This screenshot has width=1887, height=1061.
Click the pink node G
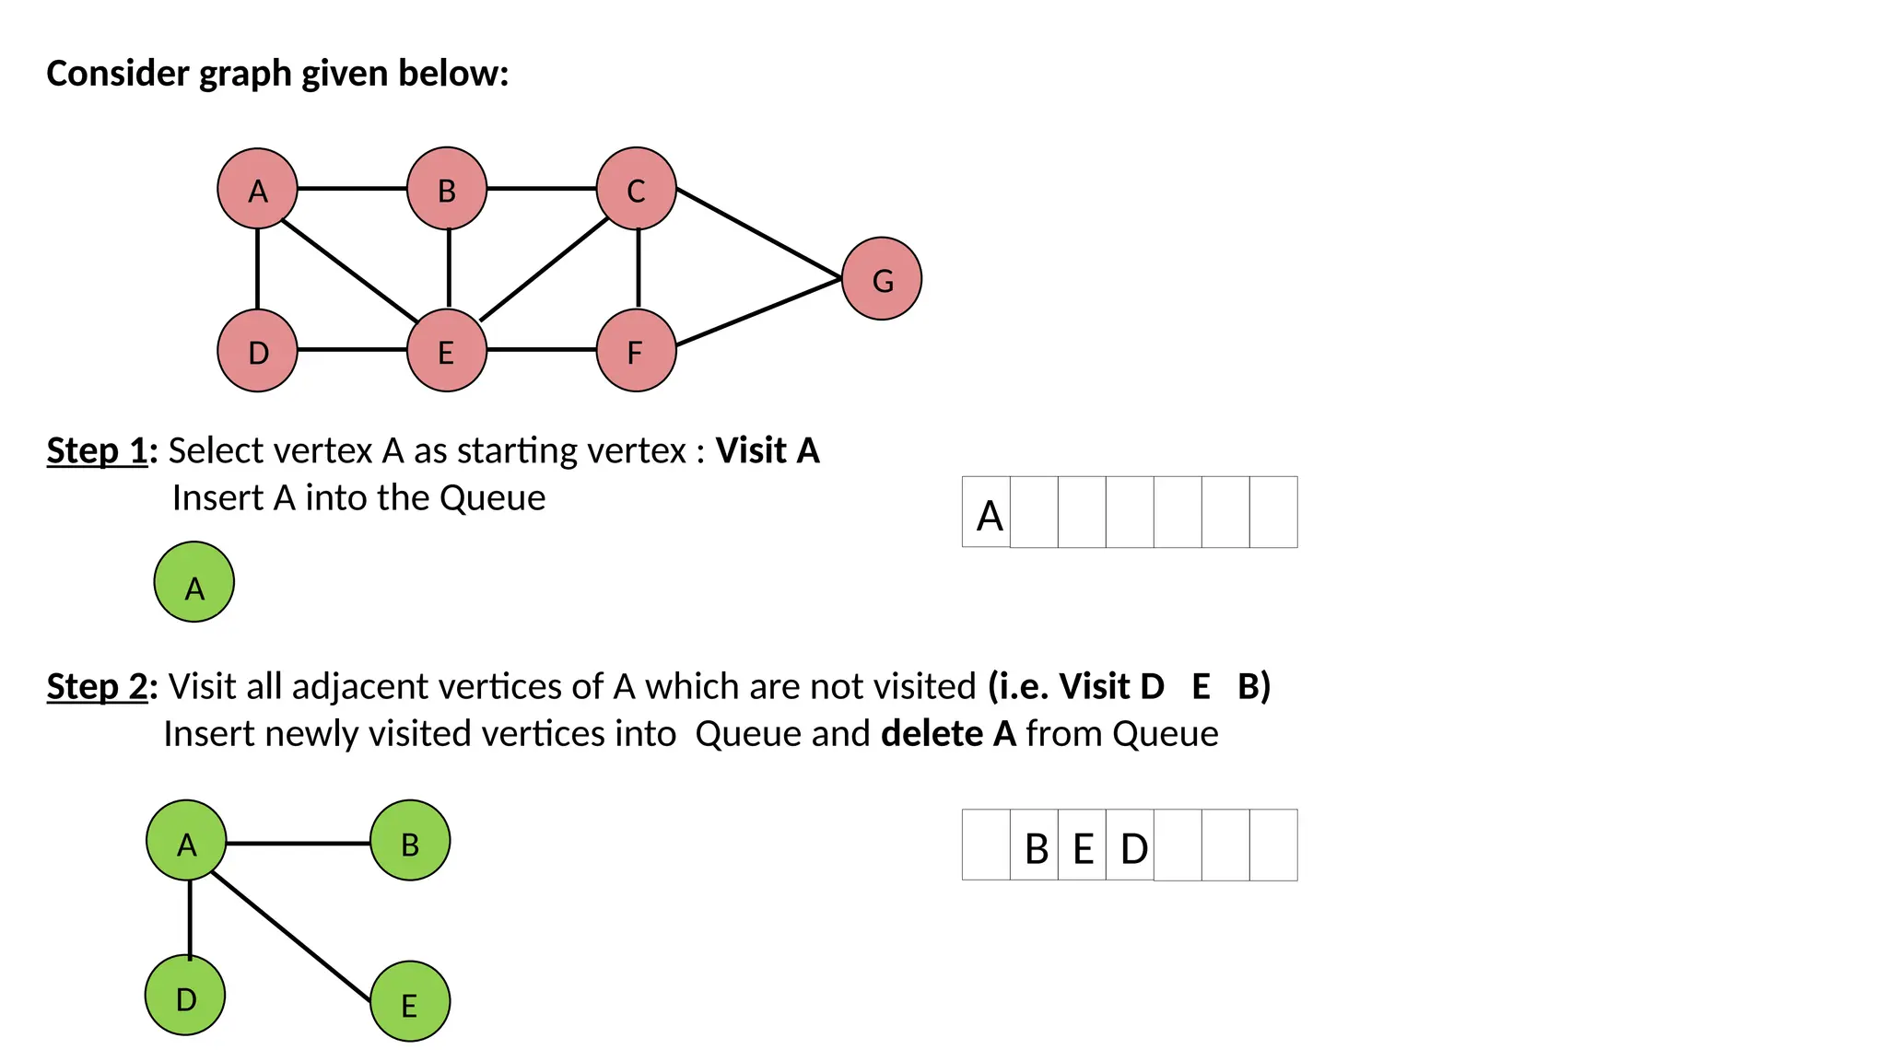point(882,279)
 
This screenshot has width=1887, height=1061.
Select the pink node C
point(637,189)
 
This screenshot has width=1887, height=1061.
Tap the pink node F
point(637,351)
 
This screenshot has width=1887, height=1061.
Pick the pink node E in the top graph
point(447,351)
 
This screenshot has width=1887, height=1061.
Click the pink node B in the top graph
point(447,189)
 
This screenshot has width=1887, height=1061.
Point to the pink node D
point(258,351)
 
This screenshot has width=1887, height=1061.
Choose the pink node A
point(258,189)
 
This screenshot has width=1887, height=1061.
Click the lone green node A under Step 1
point(194,582)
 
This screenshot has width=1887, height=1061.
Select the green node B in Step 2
point(410,841)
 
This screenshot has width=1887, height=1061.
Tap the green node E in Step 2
point(410,1002)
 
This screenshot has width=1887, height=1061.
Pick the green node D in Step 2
point(185,996)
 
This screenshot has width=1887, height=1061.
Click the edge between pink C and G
point(759,234)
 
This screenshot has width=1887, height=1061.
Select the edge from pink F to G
point(759,312)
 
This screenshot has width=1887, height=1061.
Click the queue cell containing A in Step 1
point(987,512)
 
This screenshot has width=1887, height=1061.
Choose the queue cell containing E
point(1083,845)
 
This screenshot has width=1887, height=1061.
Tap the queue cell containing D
point(1131,845)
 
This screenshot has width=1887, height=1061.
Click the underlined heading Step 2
point(98,687)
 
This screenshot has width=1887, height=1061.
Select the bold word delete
point(932,734)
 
